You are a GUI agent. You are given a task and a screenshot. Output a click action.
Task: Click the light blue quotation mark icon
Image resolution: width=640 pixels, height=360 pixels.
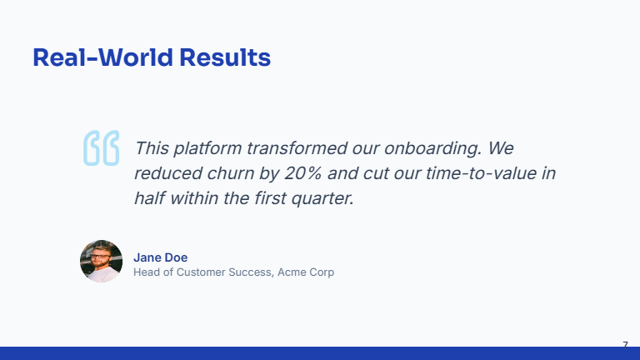101,148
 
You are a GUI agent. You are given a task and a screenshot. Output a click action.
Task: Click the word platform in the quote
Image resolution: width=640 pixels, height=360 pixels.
209,148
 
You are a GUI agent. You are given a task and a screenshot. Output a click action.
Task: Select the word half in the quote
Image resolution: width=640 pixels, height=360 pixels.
152,199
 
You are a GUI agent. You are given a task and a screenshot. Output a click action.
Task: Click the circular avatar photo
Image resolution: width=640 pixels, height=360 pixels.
101,262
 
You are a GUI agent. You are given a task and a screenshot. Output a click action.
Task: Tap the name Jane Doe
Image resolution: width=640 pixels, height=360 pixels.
160,257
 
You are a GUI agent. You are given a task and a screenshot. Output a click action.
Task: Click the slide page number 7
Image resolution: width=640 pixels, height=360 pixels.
625,344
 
